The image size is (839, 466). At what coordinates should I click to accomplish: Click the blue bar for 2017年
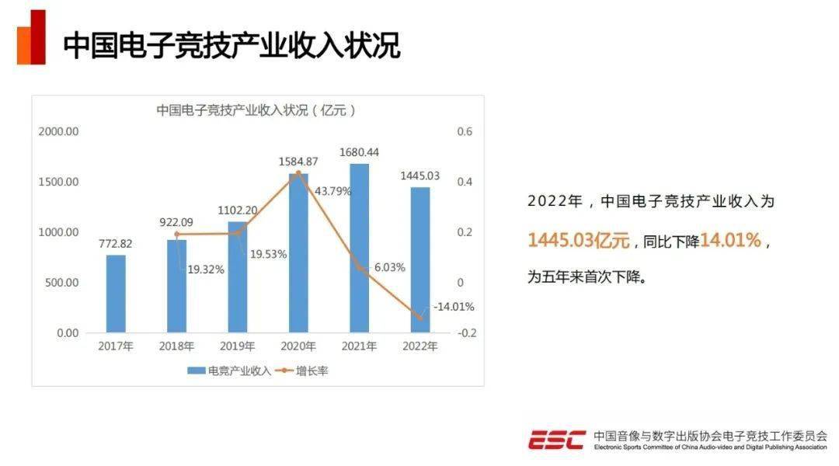point(116,294)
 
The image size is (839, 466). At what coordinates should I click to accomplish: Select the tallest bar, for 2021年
point(359,248)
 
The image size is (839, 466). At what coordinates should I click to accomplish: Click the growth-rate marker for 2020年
point(298,173)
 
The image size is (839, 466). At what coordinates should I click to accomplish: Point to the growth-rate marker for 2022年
point(420,318)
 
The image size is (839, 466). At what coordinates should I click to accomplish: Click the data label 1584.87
point(298,162)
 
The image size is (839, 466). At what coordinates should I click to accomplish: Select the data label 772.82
point(116,243)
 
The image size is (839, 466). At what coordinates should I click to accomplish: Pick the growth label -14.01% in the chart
point(453,307)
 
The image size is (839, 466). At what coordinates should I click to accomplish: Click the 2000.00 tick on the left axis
point(59,132)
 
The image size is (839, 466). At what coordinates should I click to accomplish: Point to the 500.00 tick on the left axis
point(62,283)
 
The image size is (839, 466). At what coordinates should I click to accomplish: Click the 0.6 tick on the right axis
point(465,132)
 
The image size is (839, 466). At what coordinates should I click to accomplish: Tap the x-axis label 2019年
point(238,346)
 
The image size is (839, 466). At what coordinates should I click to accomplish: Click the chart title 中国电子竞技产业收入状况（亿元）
point(256,110)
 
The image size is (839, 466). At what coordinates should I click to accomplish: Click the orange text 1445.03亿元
point(579,241)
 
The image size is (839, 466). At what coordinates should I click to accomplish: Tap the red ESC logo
point(556,440)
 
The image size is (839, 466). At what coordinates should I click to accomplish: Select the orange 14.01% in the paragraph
point(730,241)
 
